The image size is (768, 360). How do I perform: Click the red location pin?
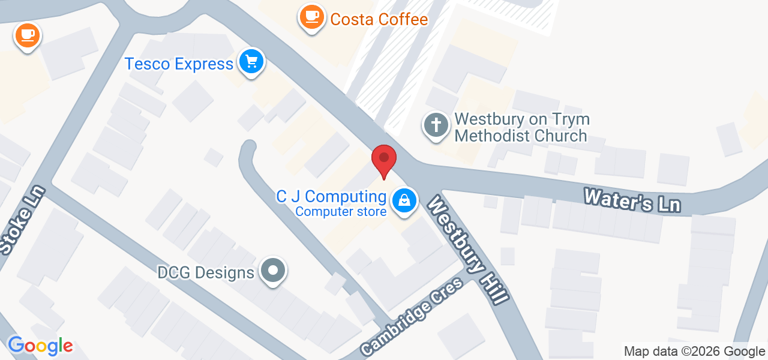click(x=384, y=160)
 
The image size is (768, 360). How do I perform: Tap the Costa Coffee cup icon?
click(x=311, y=17)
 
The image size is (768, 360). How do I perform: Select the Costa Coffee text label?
click(x=379, y=19)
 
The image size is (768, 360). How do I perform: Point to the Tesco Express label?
click(x=179, y=64)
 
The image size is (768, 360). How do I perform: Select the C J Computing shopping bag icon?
click(x=405, y=201)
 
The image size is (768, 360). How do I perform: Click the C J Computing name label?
click(x=331, y=196)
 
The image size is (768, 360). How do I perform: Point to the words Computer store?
click(x=341, y=211)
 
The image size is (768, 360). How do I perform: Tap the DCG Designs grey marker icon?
click(x=274, y=271)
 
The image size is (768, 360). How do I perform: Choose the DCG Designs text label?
click(x=206, y=273)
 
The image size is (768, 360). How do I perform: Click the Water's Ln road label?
click(x=632, y=200)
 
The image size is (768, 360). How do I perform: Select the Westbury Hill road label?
click(x=469, y=249)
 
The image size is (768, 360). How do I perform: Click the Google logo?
click(x=40, y=346)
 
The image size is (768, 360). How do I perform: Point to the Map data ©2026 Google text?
click(x=694, y=352)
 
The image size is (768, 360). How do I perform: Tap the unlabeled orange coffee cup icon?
click(x=27, y=35)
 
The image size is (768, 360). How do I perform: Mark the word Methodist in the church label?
click(x=492, y=136)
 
